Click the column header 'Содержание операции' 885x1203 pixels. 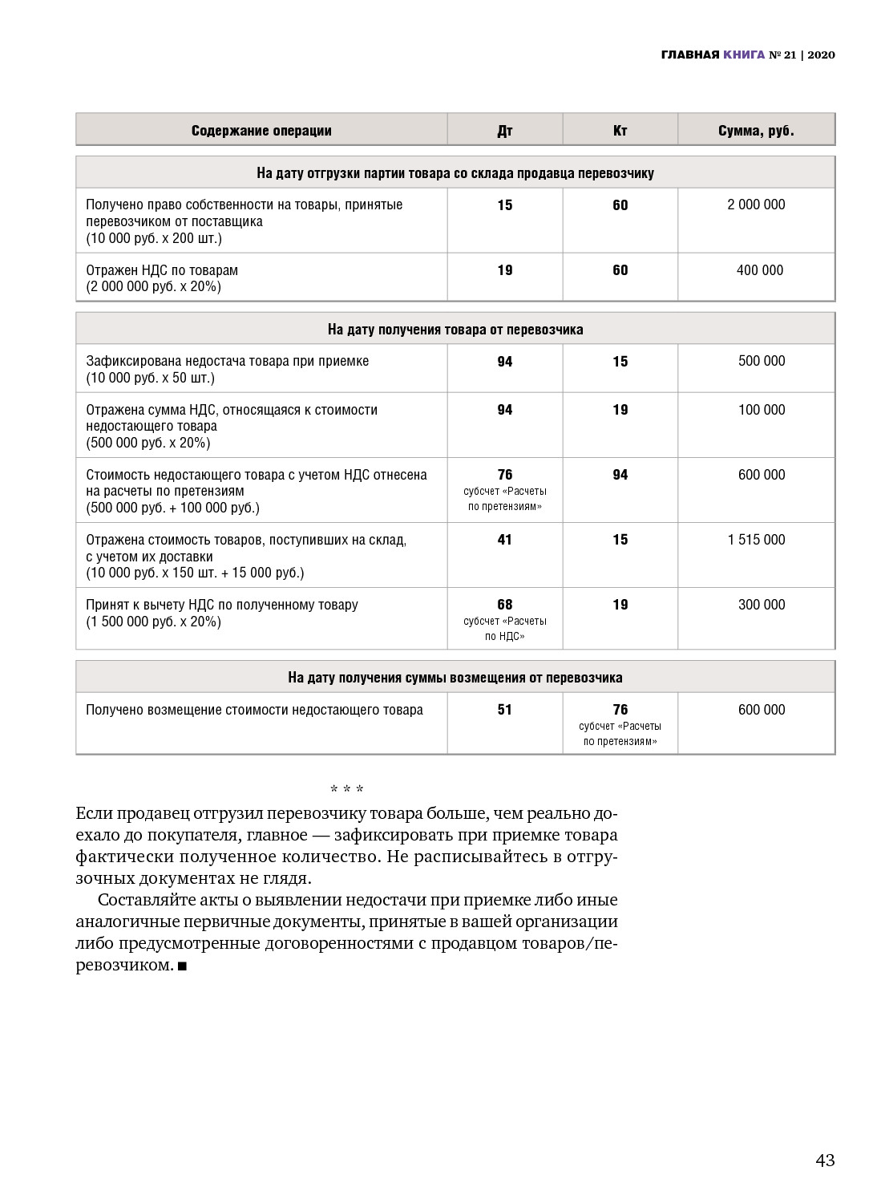pos(261,131)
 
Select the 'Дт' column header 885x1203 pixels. pos(505,131)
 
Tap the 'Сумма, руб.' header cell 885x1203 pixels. pos(756,131)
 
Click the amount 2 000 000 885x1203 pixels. pos(756,205)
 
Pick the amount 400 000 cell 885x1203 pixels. pos(759,270)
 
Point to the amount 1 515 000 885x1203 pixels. pos(756,540)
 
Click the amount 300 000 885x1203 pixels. pos(762,605)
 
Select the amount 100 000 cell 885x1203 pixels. pos(762,410)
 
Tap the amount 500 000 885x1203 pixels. pos(762,361)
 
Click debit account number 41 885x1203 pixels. pos(505,540)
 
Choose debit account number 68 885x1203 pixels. pos(505,605)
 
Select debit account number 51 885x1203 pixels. pos(505,710)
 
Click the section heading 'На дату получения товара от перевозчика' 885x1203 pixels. pos(455,330)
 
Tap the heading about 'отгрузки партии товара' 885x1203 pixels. pos(455,173)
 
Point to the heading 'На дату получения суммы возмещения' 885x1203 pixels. pos(455,678)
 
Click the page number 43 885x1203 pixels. pos(825,1160)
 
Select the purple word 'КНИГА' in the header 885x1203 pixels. pos(743,55)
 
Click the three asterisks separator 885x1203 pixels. pos(347,790)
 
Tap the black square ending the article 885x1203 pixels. pos(182,966)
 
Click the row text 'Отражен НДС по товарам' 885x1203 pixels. pos(162,270)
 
